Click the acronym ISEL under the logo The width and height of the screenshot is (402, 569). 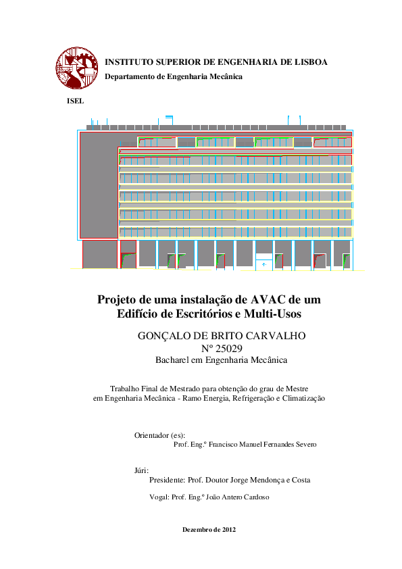click(x=74, y=101)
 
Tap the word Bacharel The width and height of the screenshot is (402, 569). click(x=174, y=360)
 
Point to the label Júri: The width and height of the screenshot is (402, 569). click(x=142, y=470)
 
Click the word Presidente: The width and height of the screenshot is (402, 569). click(x=168, y=480)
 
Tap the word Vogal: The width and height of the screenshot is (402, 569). click(x=159, y=497)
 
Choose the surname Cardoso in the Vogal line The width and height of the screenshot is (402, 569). click(x=255, y=497)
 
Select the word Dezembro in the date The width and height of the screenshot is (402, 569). click(x=197, y=529)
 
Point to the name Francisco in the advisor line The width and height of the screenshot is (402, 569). click(x=224, y=445)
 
